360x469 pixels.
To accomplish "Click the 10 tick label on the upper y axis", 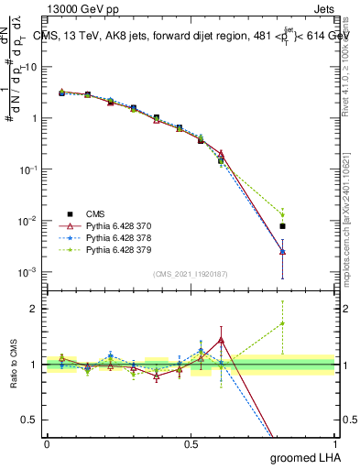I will (31, 67).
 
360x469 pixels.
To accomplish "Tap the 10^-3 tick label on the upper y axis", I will (29, 273).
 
